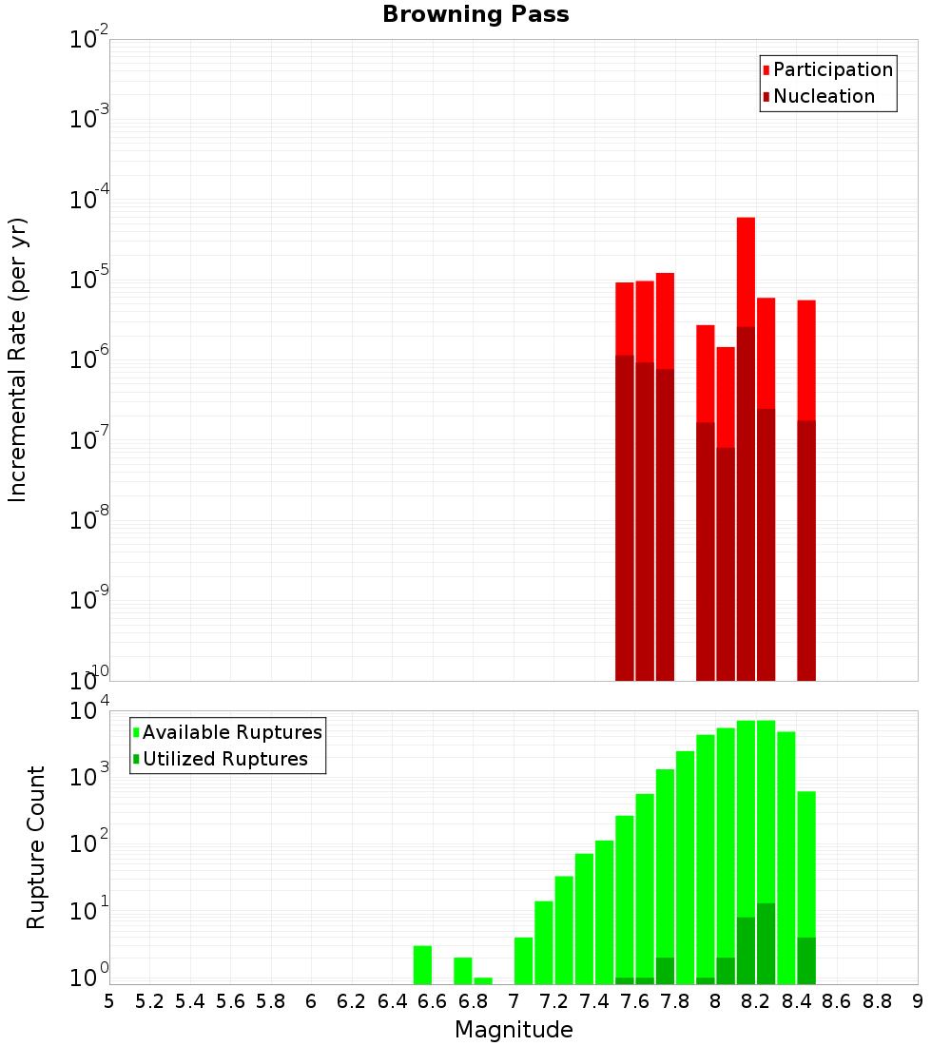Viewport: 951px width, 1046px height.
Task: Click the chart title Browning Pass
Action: pyautogui.click(x=475, y=15)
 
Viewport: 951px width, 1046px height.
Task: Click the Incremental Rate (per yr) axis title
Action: pyautogui.click(x=18, y=360)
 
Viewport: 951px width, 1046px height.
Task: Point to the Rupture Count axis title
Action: pyautogui.click(x=36, y=847)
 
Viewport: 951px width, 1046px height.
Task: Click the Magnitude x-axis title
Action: pyautogui.click(x=514, y=1030)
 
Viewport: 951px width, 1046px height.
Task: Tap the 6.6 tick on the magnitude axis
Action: pyautogui.click(x=433, y=1000)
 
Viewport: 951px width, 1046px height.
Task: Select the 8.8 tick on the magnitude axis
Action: pyautogui.click(x=877, y=1000)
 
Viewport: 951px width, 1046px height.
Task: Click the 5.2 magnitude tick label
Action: pyautogui.click(x=150, y=1000)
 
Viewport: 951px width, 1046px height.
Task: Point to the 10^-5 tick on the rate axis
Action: pyautogui.click(x=88, y=280)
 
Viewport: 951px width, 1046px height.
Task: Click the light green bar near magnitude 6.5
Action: pyautogui.click(x=422, y=964)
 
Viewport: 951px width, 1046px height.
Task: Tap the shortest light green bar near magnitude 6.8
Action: pyautogui.click(x=483, y=980)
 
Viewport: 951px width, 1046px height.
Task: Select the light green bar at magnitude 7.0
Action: pyautogui.click(x=523, y=960)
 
